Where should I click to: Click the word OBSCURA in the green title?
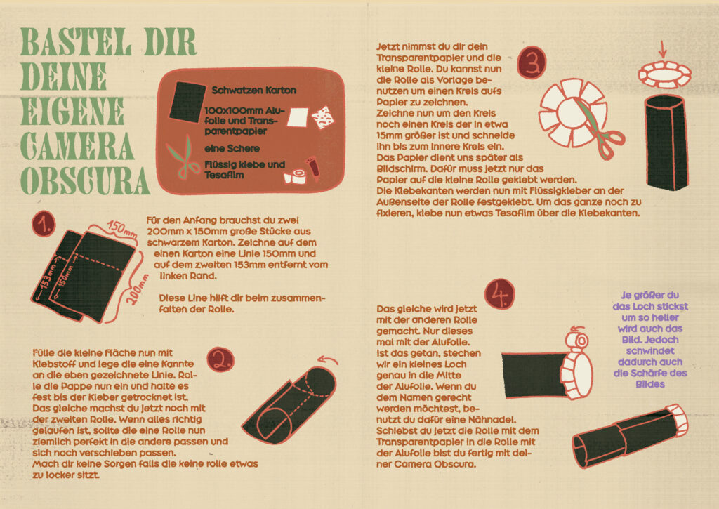click(85, 182)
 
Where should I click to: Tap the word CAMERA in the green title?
click(77, 146)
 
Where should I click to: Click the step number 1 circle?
click(44, 224)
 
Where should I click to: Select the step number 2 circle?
click(220, 359)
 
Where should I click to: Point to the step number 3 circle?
click(532, 62)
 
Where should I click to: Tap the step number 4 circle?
click(499, 294)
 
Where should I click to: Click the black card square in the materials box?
click(187, 102)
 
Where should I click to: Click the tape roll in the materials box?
click(296, 176)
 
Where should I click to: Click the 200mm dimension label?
click(138, 290)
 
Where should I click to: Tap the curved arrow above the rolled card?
click(329, 360)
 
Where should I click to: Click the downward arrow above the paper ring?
click(661, 48)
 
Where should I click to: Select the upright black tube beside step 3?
click(666, 142)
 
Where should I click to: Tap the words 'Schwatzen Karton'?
click(253, 91)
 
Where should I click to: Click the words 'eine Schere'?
click(232, 149)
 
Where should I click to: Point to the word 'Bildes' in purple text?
click(649, 384)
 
